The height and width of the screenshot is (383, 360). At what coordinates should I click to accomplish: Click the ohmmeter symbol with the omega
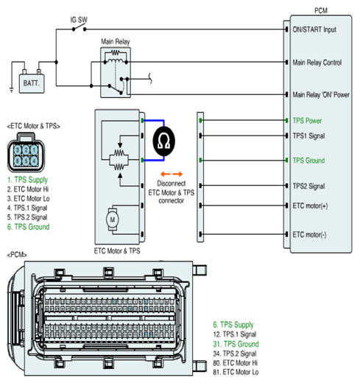click(x=163, y=141)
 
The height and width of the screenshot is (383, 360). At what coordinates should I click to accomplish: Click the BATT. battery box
click(x=32, y=83)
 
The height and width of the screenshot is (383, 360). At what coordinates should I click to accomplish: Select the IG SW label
click(x=79, y=20)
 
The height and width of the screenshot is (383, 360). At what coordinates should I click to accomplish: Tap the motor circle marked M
click(x=113, y=219)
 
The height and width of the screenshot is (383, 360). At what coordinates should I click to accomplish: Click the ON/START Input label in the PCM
click(x=314, y=29)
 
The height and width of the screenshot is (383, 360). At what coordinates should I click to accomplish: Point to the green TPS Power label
click(x=307, y=121)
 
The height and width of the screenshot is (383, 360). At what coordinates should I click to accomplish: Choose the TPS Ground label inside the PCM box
click(x=308, y=161)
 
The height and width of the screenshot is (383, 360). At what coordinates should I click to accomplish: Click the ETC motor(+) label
click(x=310, y=205)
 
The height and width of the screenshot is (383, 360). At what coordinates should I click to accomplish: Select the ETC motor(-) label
click(x=309, y=235)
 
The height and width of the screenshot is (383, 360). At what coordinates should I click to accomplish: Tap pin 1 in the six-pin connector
click(x=34, y=150)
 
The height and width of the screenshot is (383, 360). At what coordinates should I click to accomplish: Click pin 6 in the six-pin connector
click(x=18, y=161)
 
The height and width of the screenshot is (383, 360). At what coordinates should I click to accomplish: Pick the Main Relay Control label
click(x=317, y=63)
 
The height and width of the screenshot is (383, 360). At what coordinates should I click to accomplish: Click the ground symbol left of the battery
click(x=12, y=90)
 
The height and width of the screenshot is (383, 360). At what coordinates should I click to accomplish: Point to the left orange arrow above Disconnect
click(x=166, y=175)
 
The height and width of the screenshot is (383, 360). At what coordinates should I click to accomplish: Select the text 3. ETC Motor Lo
click(x=28, y=198)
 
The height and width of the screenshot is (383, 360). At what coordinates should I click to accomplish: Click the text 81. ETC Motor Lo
click(x=236, y=372)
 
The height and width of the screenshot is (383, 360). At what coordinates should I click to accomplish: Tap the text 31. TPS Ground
click(x=236, y=344)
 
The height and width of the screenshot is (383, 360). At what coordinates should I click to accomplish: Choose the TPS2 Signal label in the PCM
click(x=308, y=186)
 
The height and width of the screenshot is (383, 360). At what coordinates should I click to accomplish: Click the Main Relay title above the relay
click(x=116, y=42)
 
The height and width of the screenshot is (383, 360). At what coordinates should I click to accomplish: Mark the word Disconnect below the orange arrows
click(x=172, y=183)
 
